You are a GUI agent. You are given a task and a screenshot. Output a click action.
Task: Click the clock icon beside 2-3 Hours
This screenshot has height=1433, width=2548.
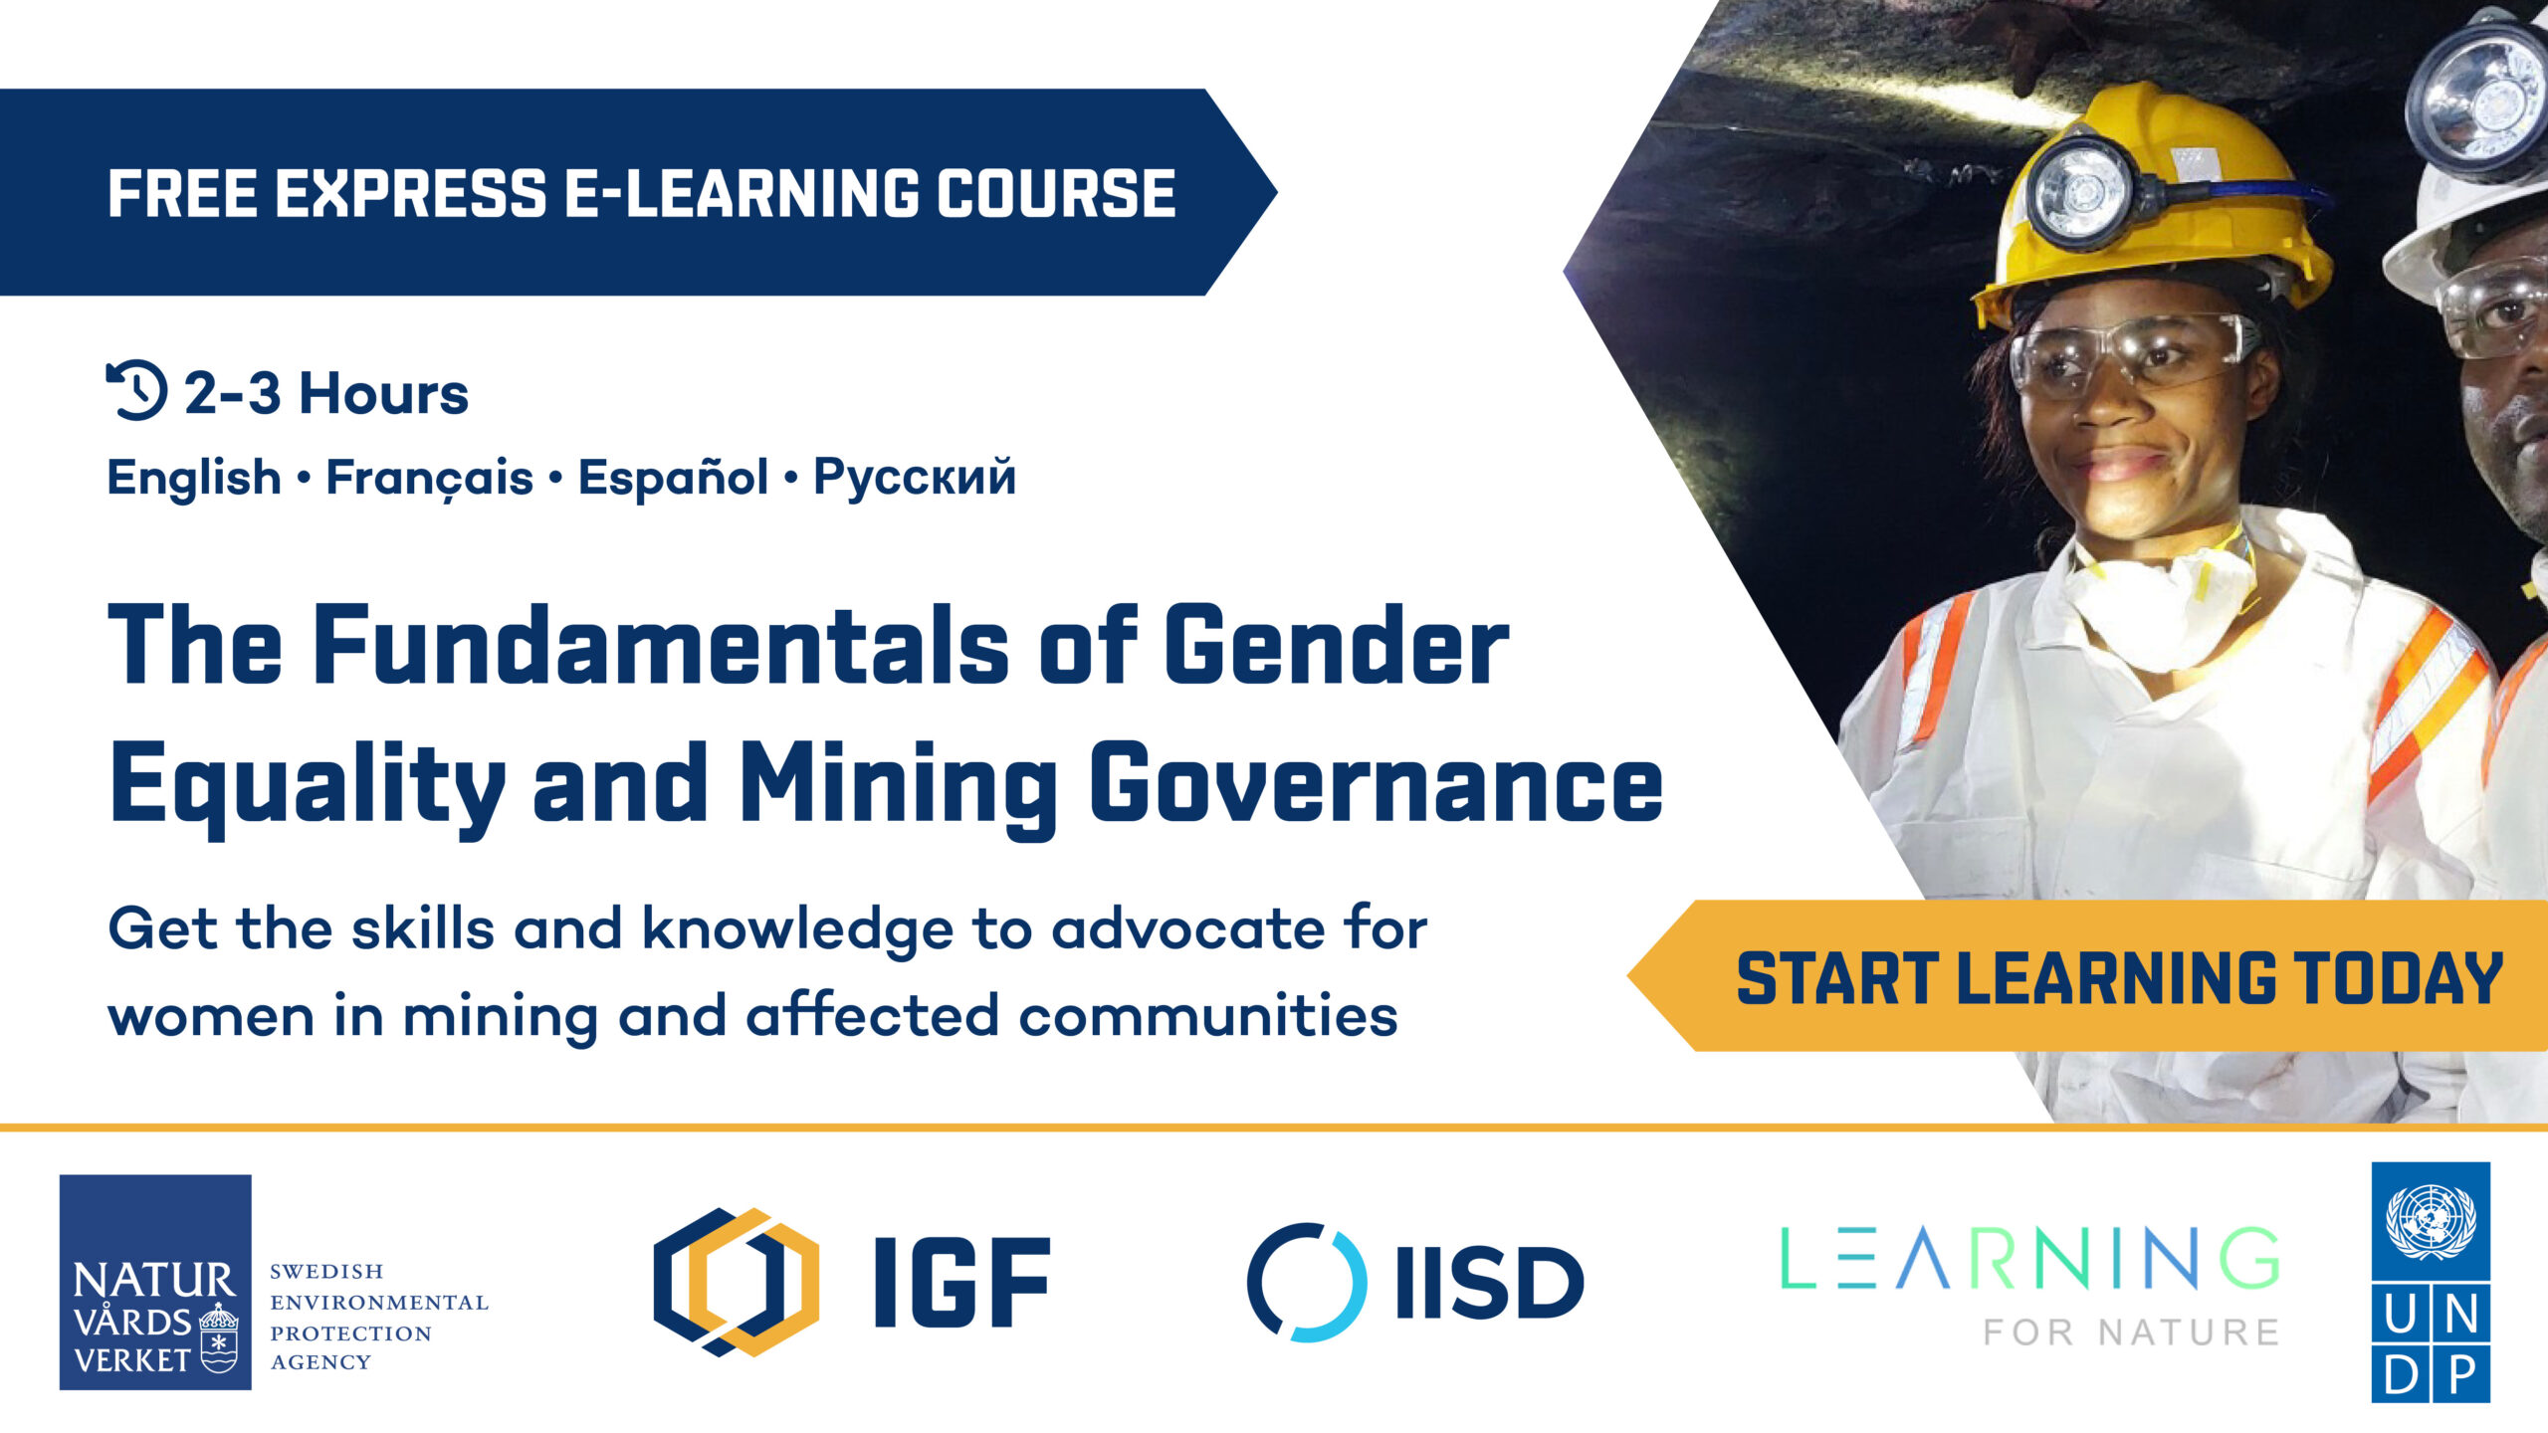click(136, 390)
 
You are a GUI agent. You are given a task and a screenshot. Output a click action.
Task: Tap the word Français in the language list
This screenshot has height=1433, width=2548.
click(430, 478)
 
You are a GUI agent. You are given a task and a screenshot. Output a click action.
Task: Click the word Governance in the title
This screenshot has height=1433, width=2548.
click(1376, 783)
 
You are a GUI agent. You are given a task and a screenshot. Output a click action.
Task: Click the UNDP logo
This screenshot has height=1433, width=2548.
click(2431, 1282)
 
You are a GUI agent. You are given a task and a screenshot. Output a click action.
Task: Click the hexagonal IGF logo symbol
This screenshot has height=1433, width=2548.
click(737, 1282)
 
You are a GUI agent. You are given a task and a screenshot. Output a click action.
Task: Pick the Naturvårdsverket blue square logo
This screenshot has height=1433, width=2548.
click(155, 1282)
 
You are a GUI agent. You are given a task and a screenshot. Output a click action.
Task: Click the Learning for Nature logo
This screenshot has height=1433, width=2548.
click(2029, 1285)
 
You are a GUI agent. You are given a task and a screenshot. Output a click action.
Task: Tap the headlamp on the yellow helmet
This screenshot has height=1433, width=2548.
click(2080, 192)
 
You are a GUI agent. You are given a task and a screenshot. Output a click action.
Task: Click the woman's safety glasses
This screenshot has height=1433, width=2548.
click(2130, 353)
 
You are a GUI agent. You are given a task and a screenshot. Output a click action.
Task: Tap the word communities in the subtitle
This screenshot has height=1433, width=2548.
click(1208, 1015)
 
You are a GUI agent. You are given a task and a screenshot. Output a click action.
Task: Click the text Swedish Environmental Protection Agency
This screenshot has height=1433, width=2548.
click(379, 1317)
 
